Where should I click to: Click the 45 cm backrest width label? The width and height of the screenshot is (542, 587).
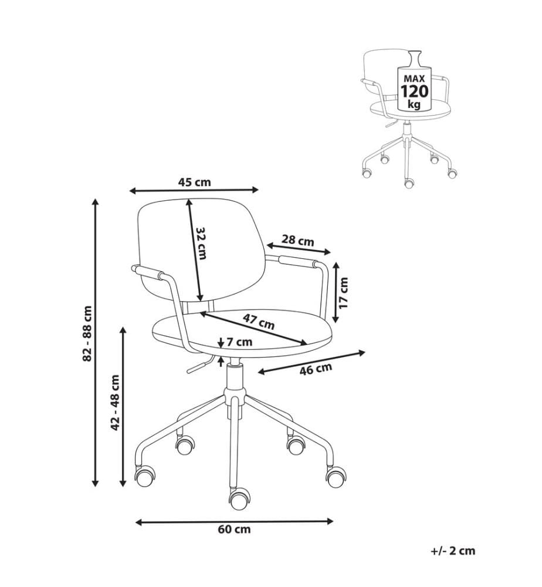click(194, 183)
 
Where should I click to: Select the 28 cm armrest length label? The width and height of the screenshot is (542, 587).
click(298, 240)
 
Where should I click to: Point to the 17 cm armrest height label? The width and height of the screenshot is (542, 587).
click(344, 293)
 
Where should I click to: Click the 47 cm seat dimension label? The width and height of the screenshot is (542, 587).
click(259, 321)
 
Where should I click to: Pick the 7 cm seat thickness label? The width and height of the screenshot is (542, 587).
click(239, 342)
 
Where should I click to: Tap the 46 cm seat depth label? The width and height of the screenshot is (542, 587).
click(316, 369)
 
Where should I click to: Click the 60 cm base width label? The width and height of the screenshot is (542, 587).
click(234, 529)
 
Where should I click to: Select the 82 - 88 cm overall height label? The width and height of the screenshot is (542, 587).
click(87, 333)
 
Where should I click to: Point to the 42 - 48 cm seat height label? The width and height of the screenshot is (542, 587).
click(115, 403)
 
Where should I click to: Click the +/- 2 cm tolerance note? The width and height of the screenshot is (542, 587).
click(453, 551)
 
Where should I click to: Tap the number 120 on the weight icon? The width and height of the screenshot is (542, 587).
click(415, 92)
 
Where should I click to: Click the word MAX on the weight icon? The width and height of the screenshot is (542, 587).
click(414, 79)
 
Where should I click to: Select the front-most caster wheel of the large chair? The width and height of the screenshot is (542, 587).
click(239, 500)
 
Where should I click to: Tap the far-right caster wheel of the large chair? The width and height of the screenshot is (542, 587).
click(336, 476)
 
